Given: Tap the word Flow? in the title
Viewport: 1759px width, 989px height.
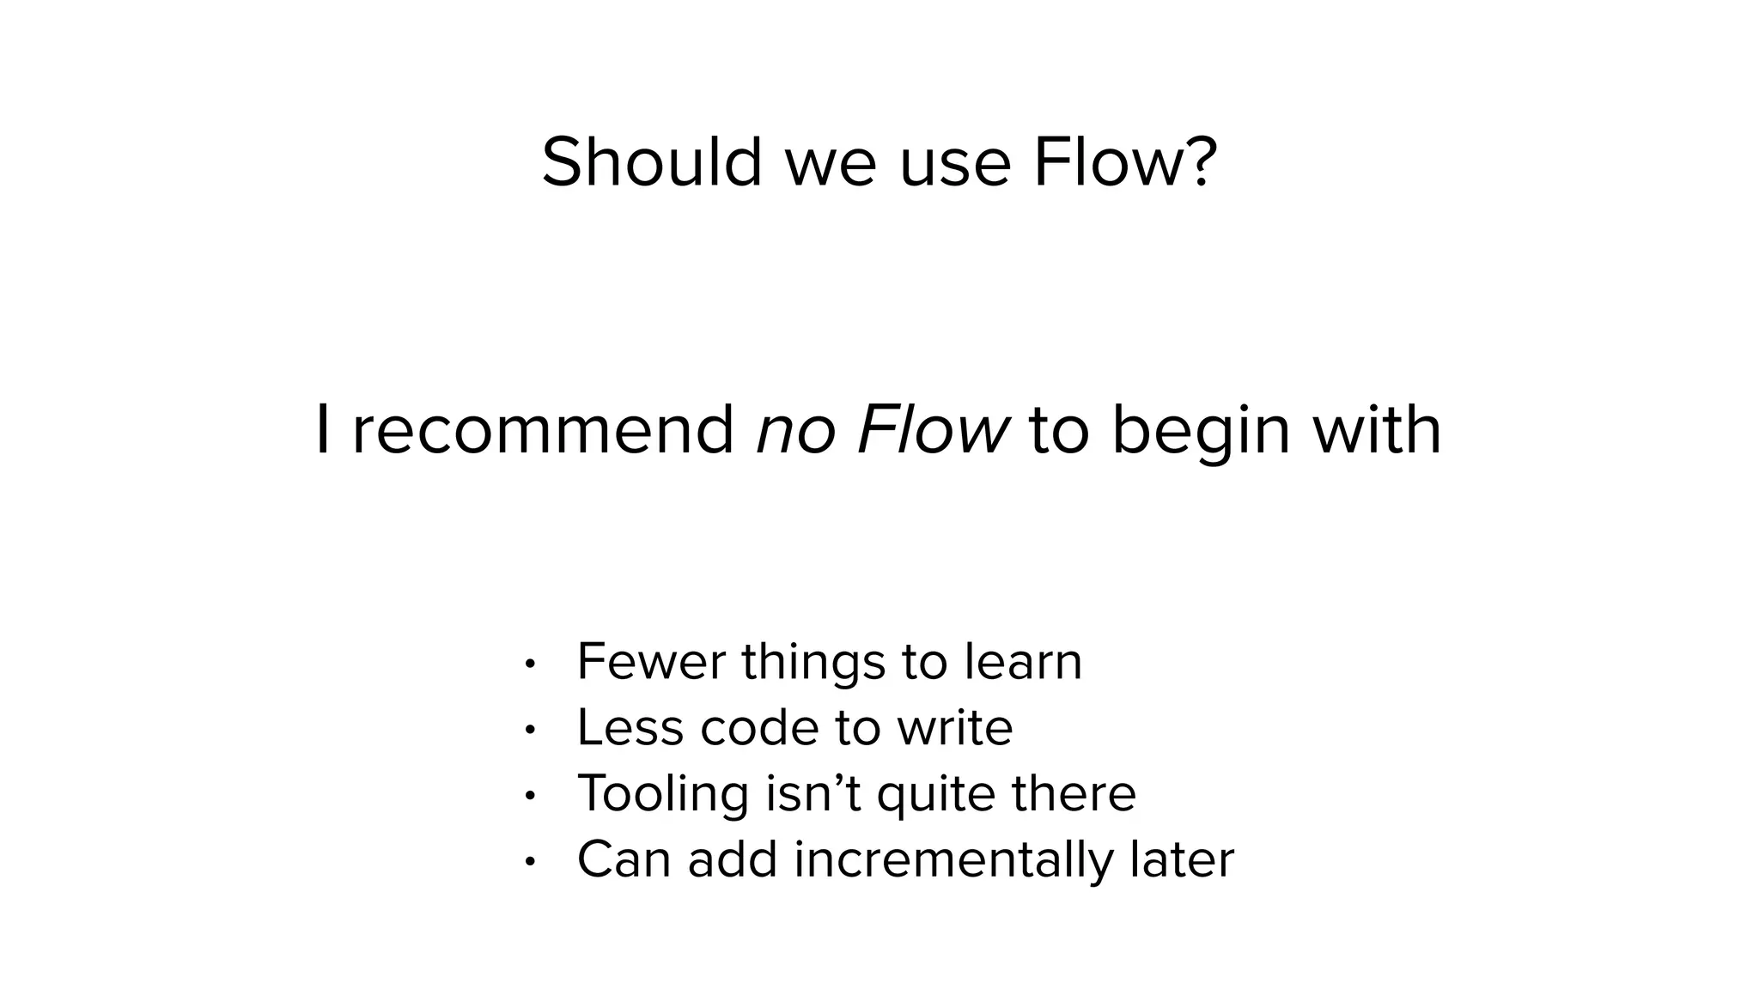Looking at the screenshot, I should [x=1124, y=162].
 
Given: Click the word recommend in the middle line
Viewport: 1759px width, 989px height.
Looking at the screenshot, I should [x=543, y=430].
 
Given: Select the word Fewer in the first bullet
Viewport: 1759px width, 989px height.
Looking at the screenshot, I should [x=651, y=662].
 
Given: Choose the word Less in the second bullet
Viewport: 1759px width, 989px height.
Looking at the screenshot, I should [x=630, y=728].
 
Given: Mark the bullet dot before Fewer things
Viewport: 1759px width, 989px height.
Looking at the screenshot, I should [x=530, y=664].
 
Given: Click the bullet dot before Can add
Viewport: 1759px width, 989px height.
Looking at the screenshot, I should [x=530, y=861].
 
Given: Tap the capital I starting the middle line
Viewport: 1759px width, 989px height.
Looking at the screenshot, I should [x=322, y=430].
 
